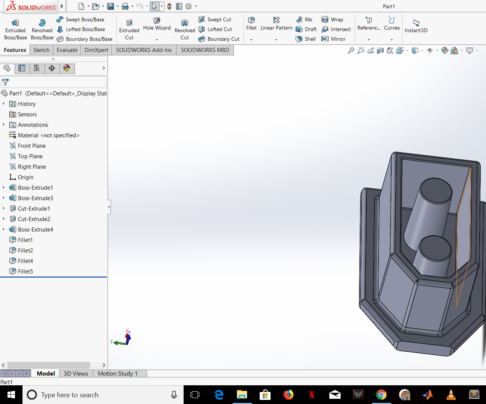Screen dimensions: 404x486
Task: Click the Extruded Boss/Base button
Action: (x=15, y=29)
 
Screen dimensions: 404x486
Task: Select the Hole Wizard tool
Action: (x=157, y=24)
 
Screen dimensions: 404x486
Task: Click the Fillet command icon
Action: (x=251, y=23)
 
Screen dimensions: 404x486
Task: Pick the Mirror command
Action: (x=333, y=39)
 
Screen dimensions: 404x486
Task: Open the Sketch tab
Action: (x=41, y=50)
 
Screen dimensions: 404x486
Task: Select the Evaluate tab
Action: (x=67, y=50)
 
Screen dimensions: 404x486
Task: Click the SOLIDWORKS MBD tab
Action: (x=205, y=50)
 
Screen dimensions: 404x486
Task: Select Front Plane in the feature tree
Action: (x=31, y=146)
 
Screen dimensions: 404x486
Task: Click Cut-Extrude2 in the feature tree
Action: (x=34, y=219)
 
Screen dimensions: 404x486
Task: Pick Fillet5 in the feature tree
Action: (x=25, y=272)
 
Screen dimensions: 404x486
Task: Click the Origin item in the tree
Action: (x=25, y=177)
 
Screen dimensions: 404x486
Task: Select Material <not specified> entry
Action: (x=48, y=135)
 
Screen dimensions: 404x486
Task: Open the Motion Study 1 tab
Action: (x=118, y=373)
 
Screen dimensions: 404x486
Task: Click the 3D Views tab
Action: (x=76, y=373)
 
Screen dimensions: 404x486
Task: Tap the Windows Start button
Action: (x=11, y=395)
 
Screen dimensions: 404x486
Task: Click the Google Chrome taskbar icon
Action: (x=381, y=395)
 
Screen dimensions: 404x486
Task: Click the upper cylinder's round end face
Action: (x=436, y=190)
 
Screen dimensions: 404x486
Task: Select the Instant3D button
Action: (x=416, y=26)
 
